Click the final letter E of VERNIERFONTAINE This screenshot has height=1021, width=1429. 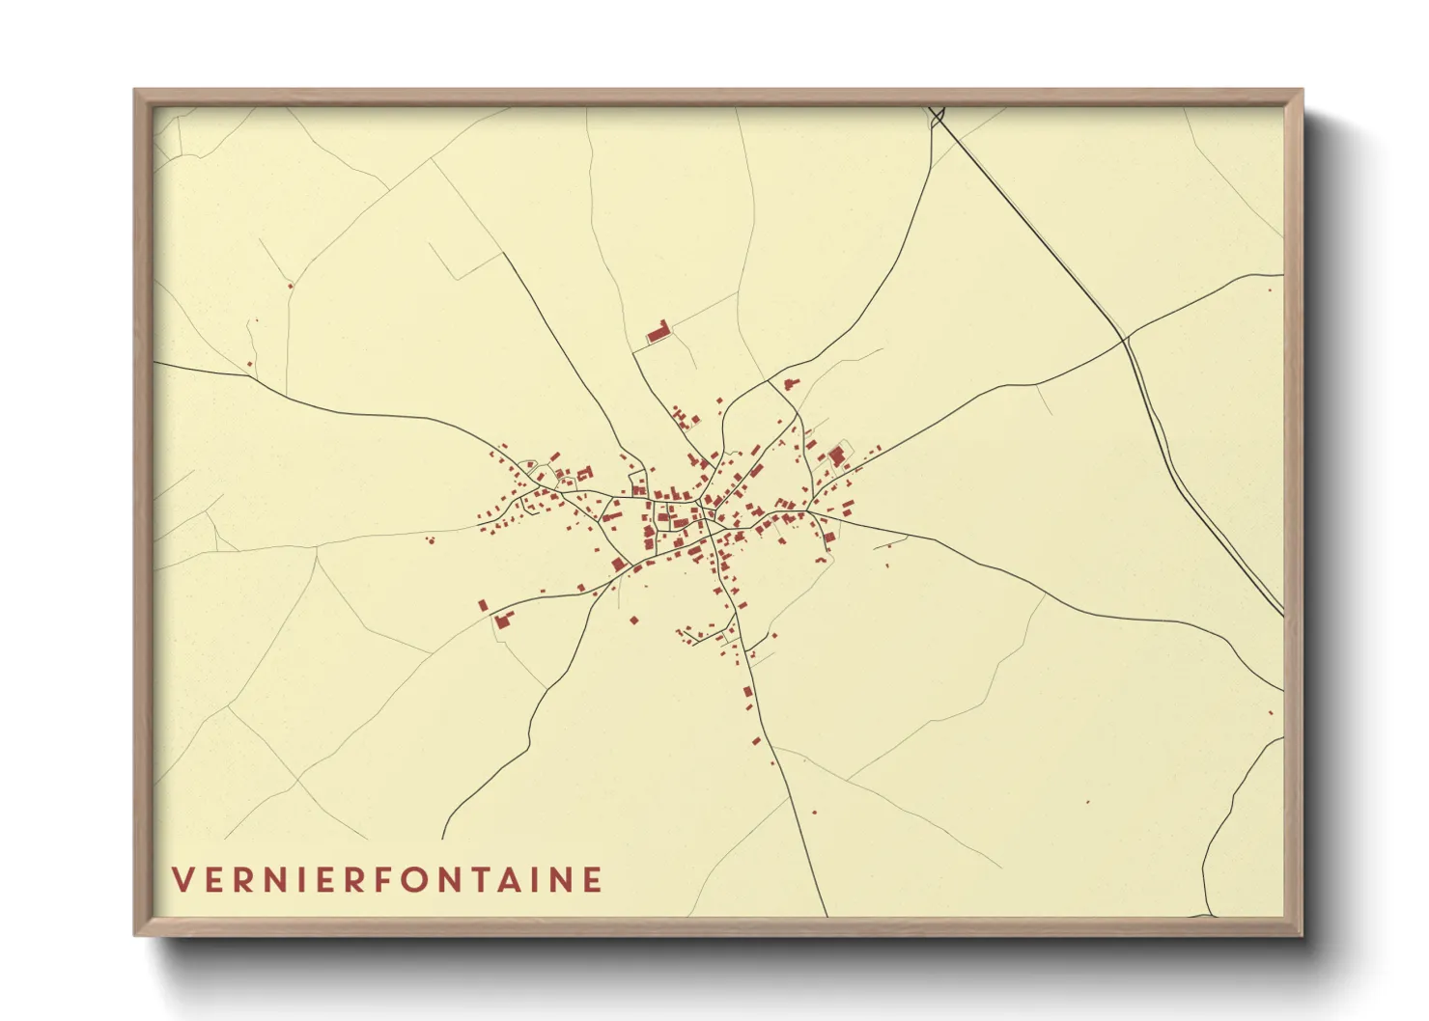click(x=593, y=880)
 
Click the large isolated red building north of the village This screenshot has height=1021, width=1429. click(x=658, y=333)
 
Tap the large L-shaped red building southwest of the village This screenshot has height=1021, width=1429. click(x=501, y=619)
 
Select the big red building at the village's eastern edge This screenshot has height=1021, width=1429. click(x=836, y=455)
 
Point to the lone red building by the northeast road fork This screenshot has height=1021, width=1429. click(x=790, y=384)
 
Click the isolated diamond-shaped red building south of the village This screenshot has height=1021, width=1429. click(x=634, y=620)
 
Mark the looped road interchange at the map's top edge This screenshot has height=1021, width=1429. click(x=937, y=117)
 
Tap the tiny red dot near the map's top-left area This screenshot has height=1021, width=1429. click(x=289, y=285)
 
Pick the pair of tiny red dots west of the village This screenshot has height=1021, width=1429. click(x=431, y=539)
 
